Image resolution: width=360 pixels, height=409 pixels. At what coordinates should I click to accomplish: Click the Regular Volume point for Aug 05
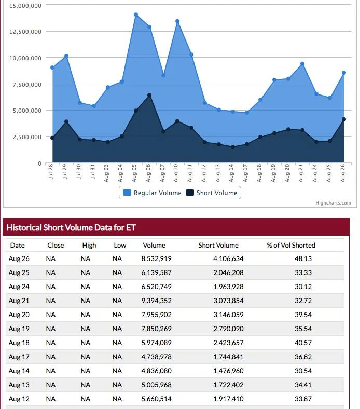tap(136, 15)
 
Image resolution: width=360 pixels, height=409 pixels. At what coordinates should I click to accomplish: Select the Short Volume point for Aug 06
tap(149, 96)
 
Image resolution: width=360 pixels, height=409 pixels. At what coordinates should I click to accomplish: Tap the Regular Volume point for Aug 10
tap(177, 21)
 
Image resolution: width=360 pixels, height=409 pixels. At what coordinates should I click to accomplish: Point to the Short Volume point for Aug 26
tap(344, 119)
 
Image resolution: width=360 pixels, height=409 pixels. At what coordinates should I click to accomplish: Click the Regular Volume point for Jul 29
tap(66, 56)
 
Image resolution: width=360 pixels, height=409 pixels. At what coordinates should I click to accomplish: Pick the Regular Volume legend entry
tap(152, 193)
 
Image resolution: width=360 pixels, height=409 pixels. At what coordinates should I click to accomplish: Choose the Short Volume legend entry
tap(212, 193)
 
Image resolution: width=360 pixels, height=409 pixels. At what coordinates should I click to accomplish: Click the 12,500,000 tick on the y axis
tap(25, 32)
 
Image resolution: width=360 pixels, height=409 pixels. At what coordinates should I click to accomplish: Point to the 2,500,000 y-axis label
tap(27, 137)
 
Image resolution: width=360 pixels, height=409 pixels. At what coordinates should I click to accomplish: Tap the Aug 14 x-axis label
tap(231, 173)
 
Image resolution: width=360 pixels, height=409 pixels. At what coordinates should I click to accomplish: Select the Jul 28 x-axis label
tap(50, 171)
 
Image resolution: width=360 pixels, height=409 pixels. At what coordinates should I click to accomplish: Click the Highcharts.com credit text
tap(333, 203)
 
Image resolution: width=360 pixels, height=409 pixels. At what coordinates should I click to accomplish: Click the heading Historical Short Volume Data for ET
tap(71, 227)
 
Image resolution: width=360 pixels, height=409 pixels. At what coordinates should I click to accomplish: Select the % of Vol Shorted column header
tap(291, 245)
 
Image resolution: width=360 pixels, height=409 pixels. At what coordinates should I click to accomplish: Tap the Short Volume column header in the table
tap(218, 245)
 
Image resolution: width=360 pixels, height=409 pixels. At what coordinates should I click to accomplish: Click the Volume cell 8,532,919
tap(157, 259)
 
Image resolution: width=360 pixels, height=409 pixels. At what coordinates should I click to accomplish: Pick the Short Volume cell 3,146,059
tap(228, 315)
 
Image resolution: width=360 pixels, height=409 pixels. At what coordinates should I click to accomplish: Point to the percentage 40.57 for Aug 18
tap(303, 343)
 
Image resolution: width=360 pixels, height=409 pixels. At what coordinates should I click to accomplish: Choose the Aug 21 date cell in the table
tap(19, 301)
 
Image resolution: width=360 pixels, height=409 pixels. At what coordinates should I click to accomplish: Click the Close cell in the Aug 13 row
tap(50, 385)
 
